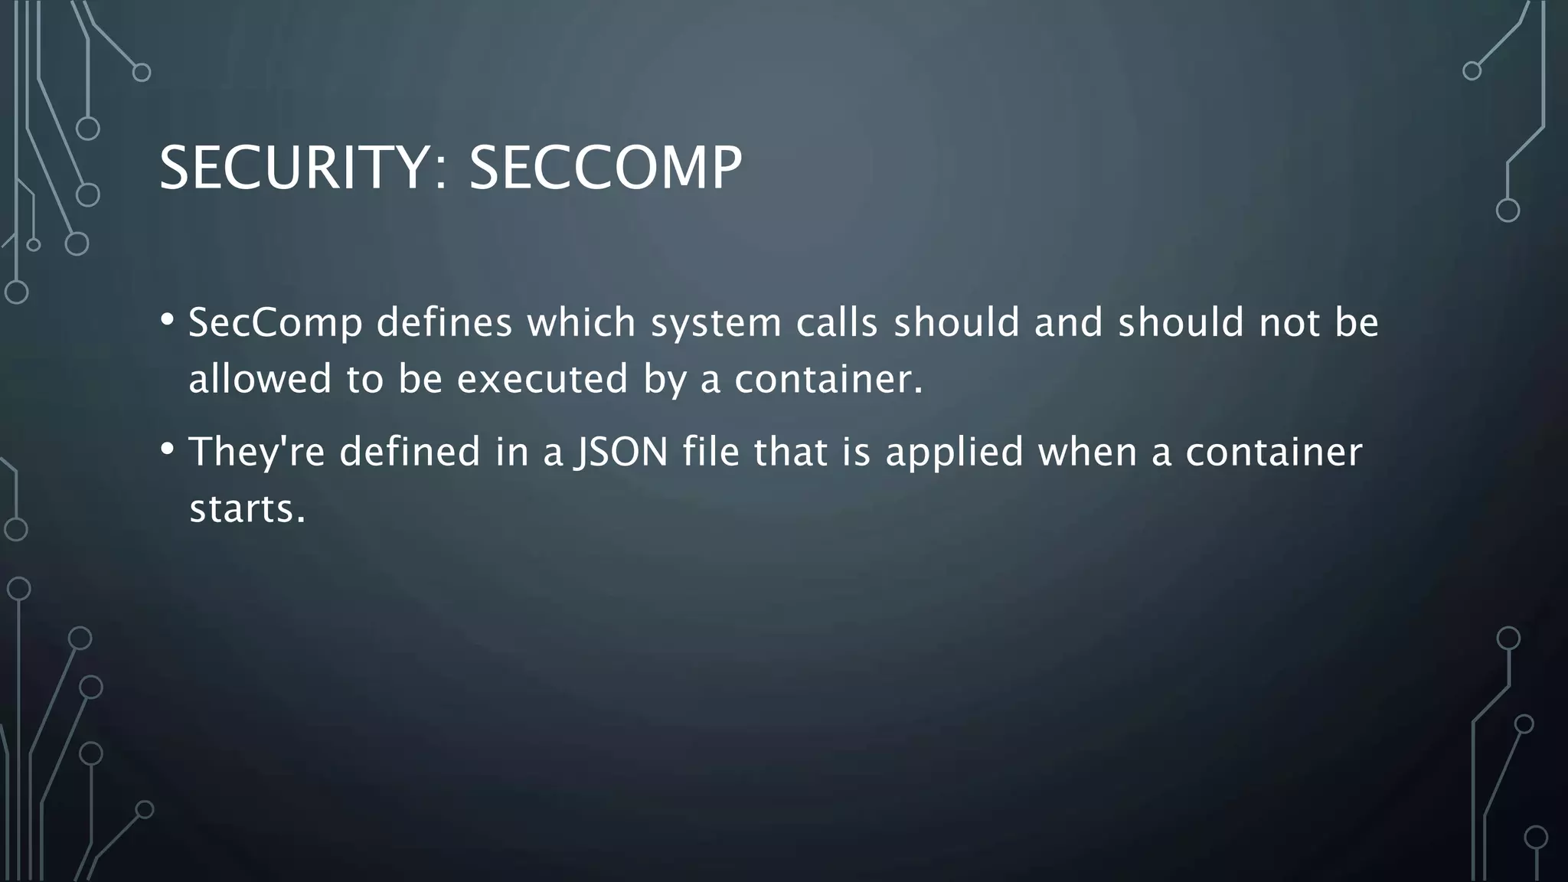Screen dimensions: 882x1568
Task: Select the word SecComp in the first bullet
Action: pyautogui.click(x=275, y=322)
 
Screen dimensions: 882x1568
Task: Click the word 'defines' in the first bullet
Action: pyautogui.click(x=444, y=322)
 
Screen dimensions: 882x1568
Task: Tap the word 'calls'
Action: pyautogui.click(x=837, y=322)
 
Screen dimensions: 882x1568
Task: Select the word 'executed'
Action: pyautogui.click(x=543, y=379)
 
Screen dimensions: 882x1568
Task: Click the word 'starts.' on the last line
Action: pyautogui.click(x=247, y=508)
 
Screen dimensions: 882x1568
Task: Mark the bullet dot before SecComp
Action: pyautogui.click(x=168, y=318)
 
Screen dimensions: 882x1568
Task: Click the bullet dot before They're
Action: pyautogui.click(x=168, y=448)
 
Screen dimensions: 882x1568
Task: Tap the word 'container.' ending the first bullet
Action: pyautogui.click(x=829, y=379)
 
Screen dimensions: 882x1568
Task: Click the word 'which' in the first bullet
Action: pyautogui.click(x=581, y=322)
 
